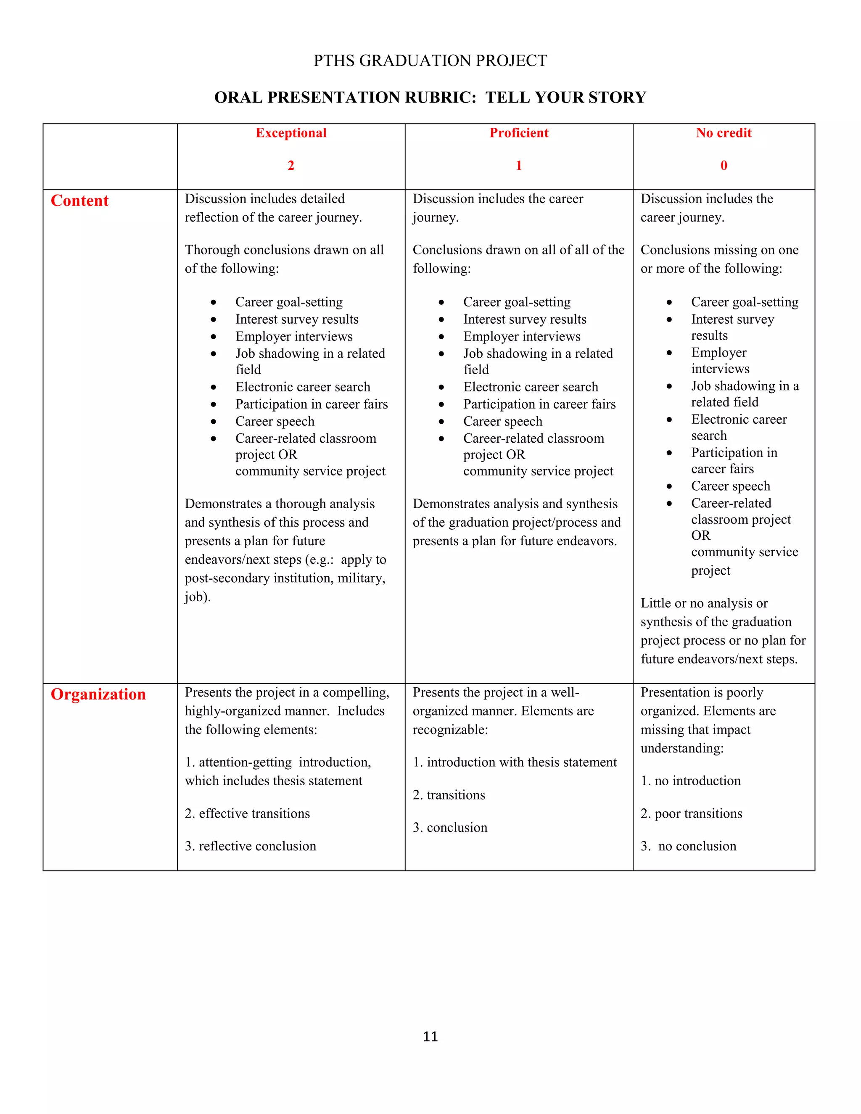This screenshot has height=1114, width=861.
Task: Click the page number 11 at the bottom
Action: pos(430,1037)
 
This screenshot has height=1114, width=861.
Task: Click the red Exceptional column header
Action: pos(291,133)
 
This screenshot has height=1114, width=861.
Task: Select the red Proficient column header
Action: pos(519,133)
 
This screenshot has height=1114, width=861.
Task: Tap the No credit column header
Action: pos(723,133)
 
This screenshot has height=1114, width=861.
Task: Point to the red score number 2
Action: pos(291,165)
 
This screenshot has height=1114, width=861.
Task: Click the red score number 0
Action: pos(723,165)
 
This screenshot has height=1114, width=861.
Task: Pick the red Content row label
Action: pos(79,201)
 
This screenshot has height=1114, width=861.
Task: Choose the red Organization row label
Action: pos(98,694)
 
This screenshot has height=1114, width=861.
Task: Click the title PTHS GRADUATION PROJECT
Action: pos(430,61)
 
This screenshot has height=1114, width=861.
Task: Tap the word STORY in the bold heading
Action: pos(617,98)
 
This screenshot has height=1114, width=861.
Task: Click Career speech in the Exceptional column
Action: pos(275,421)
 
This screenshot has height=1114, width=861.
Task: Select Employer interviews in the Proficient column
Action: pos(522,337)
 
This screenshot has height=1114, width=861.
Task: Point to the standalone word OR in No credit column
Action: pos(700,536)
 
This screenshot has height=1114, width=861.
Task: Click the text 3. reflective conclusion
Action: pos(251,846)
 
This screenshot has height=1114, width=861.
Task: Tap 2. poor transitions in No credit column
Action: pos(691,813)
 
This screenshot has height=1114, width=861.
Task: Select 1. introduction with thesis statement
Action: pos(515,762)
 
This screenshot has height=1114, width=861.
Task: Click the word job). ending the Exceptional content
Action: pos(198,597)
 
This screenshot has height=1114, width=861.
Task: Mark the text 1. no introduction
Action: pos(691,781)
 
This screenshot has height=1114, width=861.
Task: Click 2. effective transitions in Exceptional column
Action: pos(247,813)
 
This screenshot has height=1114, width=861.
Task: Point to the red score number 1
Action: pos(519,165)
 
